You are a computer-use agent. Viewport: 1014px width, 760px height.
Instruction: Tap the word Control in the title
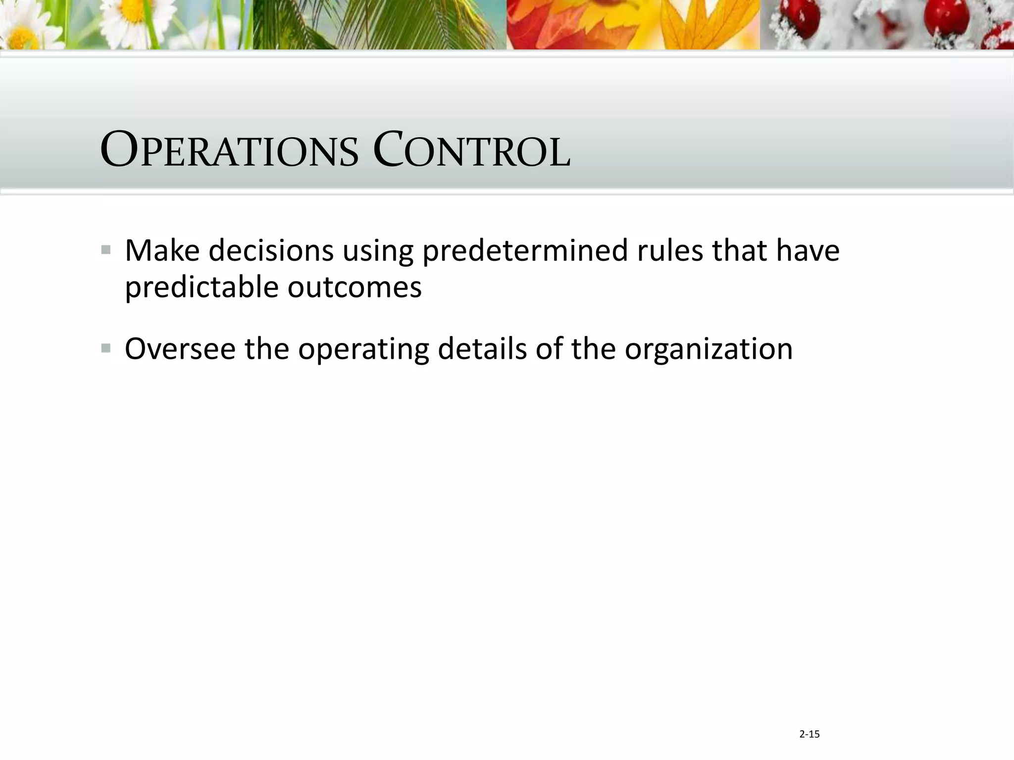471,150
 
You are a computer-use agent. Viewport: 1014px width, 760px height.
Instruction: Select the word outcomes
355,287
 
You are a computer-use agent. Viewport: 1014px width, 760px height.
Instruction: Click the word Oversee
180,349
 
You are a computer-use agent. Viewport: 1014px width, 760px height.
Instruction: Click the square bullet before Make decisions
106,249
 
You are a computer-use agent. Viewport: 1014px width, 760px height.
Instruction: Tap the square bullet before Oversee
106,348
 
